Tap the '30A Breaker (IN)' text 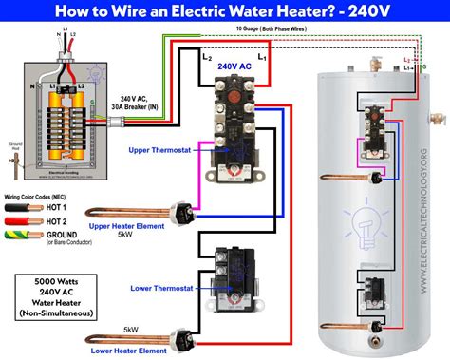click(141, 106)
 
